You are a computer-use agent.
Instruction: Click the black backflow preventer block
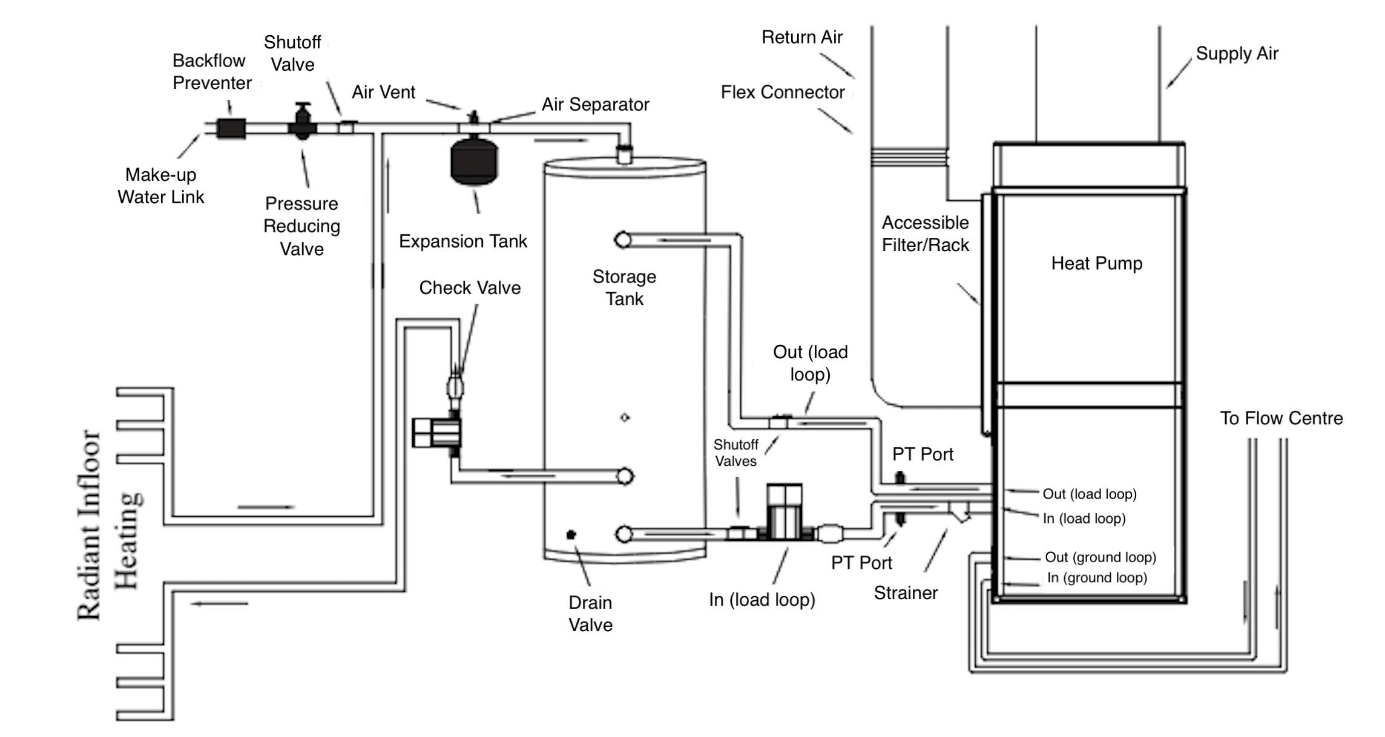231,128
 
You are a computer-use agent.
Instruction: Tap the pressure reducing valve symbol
302,122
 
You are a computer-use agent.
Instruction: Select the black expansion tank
474,161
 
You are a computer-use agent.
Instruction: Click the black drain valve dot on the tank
571,534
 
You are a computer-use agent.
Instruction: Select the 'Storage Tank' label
624,287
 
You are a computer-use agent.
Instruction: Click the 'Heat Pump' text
1096,263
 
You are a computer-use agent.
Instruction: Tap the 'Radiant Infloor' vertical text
89,525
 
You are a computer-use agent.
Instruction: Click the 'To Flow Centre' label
1281,418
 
